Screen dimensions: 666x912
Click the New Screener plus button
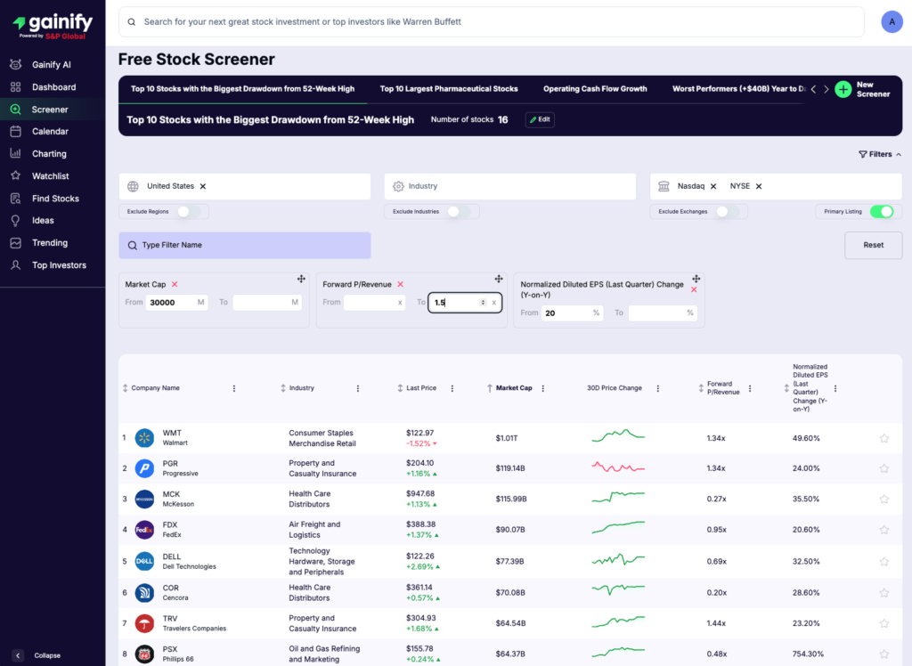pyautogui.click(x=843, y=89)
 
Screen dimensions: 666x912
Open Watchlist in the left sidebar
pyautogui.click(x=50, y=176)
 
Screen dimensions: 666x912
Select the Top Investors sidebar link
pyautogui.click(x=59, y=265)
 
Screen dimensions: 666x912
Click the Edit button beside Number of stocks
pyautogui.click(x=540, y=119)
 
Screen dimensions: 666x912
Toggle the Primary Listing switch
pyautogui.click(x=881, y=212)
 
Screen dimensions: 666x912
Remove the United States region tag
pyautogui.click(x=203, y=186)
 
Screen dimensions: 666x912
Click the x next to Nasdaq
pyautogui.click(x=713, y=186)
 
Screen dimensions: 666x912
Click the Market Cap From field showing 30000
pyautogui.click(x=173, y=303)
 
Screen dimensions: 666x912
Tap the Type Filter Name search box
pyautogui.click(x=245, y=245)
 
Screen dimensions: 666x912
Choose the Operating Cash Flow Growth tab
pyautogui.click(x=595, y=89)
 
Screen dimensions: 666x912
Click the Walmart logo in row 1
pyautogui.click(x=144, y=438)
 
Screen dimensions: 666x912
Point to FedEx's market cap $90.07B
pyautogui.click(x=510, y=530)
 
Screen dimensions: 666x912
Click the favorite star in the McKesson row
pyautogui.click(x=883, y=499)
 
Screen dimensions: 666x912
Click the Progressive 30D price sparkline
pyautogui.click(x=618, y=468)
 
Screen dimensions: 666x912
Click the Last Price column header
pyautogui.click(x=421, y=388)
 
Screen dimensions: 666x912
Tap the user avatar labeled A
pyautogui.click(x=892, y=22)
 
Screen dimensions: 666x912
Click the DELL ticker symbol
pyautogui.click(x=172, y=556)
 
